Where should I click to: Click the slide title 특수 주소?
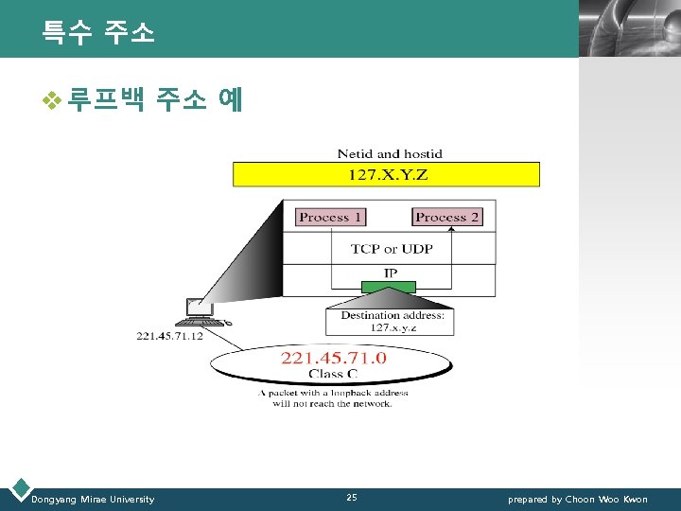click(97, 33)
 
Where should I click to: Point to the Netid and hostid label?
click(390, 153)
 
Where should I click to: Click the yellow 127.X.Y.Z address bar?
click(387, 174)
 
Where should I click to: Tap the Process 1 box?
click(330, 217)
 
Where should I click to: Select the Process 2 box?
click(446, 217)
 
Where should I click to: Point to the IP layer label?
click(390, 273)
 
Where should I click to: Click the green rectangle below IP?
click(392, 285)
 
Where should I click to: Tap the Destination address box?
click(392, 321)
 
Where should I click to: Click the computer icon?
click(202, 313)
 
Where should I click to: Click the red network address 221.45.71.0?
click(334, 358)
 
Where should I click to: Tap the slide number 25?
click(352, 498)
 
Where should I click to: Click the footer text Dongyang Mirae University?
click(93, 499)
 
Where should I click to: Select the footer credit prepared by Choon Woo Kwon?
click(578, 499)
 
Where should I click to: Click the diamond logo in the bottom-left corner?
click(19, 490)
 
